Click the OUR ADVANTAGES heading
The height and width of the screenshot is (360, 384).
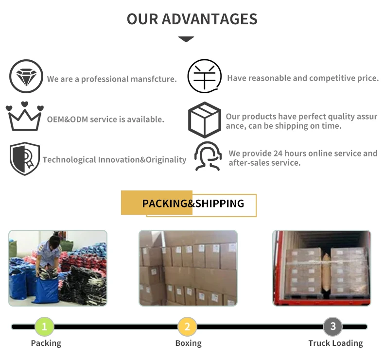tap(192, 19)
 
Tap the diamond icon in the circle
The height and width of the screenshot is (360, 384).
tap(26, 76)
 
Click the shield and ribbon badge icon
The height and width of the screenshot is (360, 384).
tap(25, 158)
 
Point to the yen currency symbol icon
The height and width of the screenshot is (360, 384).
tap(205, 76)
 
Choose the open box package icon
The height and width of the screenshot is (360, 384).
tap(205, 120)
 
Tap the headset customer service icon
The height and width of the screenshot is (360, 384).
tap(208, 156)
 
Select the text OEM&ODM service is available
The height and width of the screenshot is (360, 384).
tap(105, 119)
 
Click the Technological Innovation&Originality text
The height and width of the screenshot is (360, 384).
tap(114, 159)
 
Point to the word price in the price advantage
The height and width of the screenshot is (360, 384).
tap(367, 78)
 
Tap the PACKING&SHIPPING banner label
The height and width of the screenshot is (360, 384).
tap(193, 203)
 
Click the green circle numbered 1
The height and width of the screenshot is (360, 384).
tap(45, 326)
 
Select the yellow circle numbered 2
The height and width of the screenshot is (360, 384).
tap(187, 326)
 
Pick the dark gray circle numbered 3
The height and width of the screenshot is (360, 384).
tap(333, 326)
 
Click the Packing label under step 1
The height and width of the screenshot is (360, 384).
tap(46, 343)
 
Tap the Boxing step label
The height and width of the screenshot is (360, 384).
tap(188, 343)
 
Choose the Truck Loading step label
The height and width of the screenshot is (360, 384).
tap(335, 343)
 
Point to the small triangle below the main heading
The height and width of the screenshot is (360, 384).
tap(186, 39)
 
